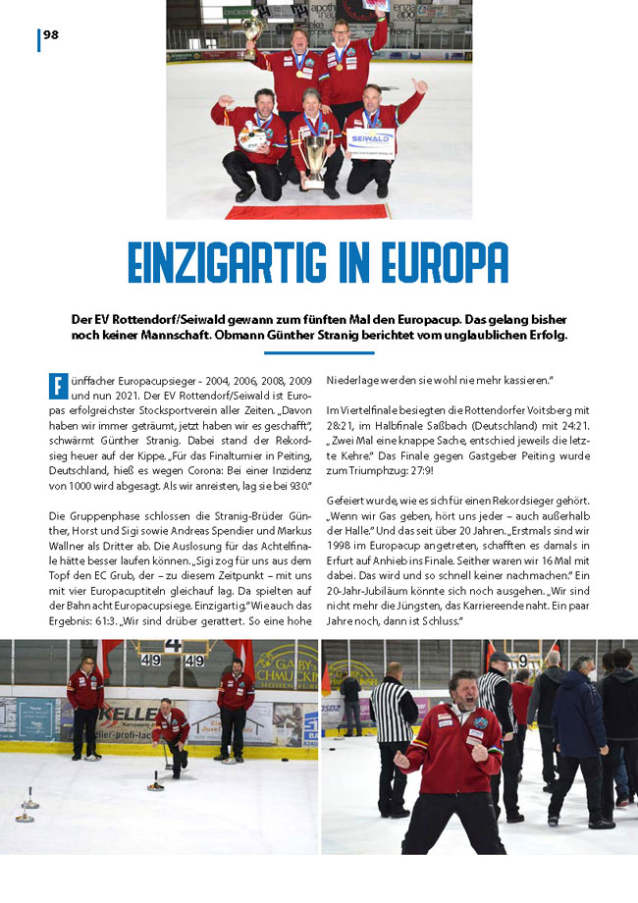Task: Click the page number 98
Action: click(x=51, y=35)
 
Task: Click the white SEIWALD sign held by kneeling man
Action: click(x=371, y=142)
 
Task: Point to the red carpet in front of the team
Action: click(x=306, y=210)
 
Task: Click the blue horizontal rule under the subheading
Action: click(x=319, y=352)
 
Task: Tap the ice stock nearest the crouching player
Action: click(x=155, y=783)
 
